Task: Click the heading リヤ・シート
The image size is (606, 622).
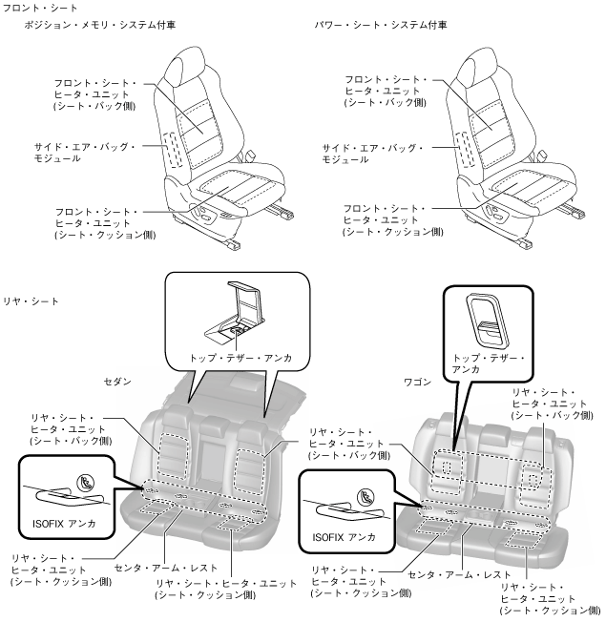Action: (31, 301)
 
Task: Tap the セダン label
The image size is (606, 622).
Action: (116, 380)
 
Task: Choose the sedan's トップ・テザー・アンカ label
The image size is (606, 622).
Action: (237, 356)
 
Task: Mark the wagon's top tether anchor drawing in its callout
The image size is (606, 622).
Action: (488, 319)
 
